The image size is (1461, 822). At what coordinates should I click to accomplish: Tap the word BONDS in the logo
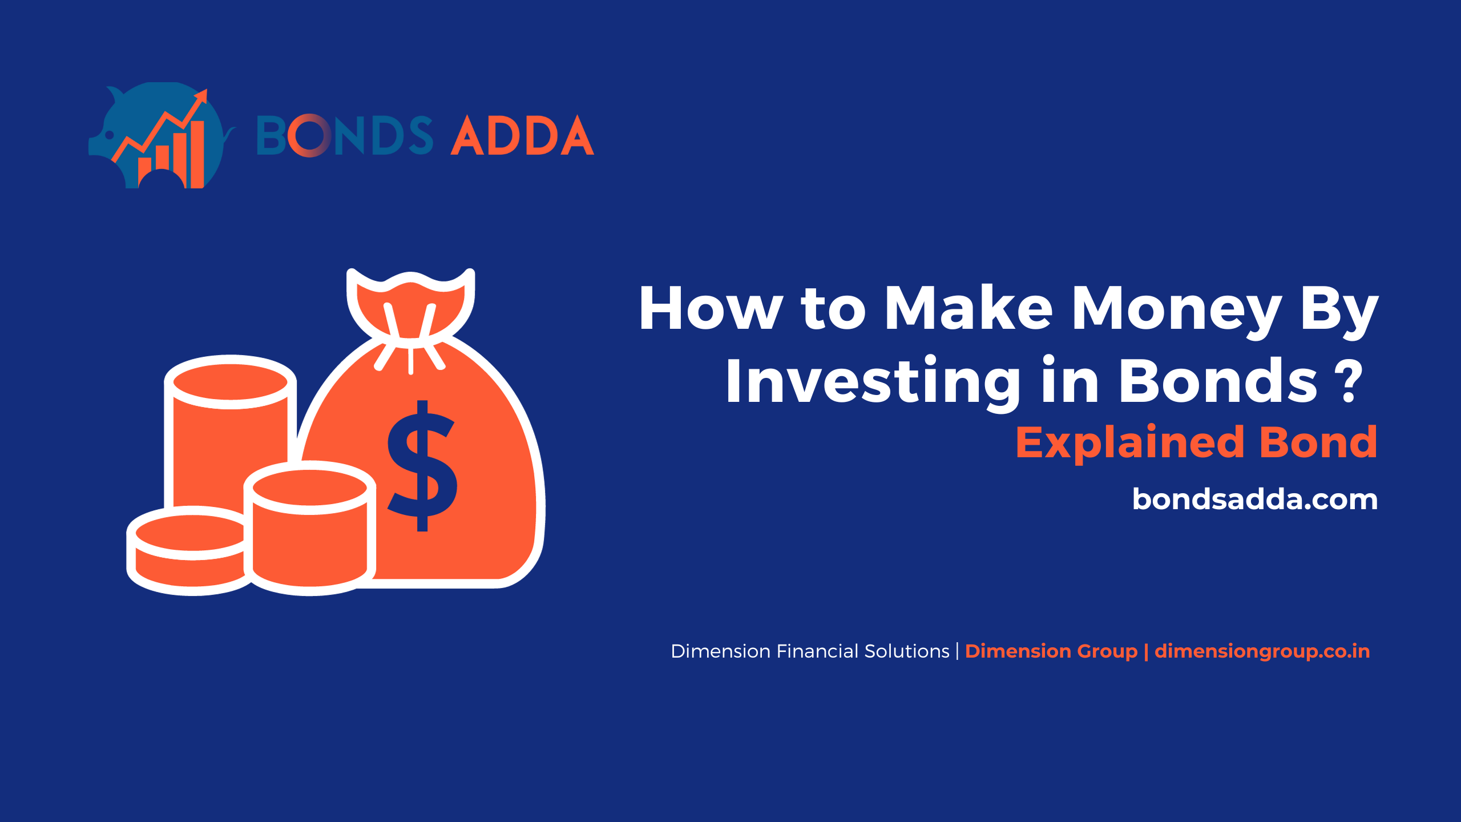(x=345, y=135)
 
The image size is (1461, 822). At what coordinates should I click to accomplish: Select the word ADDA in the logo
(x=522, y=135)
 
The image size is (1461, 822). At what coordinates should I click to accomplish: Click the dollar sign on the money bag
(x=422, y=466)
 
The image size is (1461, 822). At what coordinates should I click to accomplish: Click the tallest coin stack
(x=230, y=434)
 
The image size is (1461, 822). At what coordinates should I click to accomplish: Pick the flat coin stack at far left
(x=188, y=551)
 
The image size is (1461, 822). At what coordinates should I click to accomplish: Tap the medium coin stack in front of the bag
(x=310, y=528)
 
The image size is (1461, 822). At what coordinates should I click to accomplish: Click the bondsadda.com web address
(x=1255, y=499)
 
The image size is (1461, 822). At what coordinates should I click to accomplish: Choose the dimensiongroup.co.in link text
(x=1262, y=651)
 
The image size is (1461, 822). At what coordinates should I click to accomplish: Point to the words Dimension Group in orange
(x=1051, y=651)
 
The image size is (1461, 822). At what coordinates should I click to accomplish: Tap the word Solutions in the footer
(x=907, y=651)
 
